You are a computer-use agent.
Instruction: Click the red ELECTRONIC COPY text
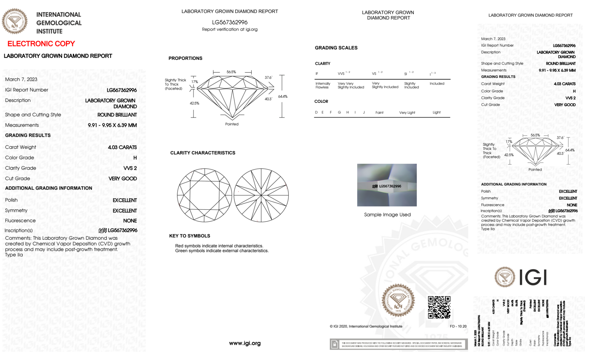pos(41,44)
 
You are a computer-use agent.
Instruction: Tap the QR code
pos(439,307)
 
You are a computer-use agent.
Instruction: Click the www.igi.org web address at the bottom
pos(245,343)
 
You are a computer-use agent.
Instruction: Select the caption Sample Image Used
pos(387,215)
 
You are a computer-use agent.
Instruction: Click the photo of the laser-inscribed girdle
pos(387,185)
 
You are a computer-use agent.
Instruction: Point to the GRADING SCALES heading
pos(336,48)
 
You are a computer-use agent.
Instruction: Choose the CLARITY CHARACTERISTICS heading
pos(203,153)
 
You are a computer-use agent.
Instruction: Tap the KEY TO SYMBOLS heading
pos(190,236)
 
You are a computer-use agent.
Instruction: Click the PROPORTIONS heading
pos(186,58)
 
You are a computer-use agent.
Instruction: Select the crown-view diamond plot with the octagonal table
pos(204,195)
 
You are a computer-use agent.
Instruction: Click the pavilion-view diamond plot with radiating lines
pos(261,195)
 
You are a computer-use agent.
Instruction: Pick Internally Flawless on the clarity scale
pos(323,85)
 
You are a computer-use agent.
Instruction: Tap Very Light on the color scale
pos(407,113)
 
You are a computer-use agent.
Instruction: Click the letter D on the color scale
pos(316,112)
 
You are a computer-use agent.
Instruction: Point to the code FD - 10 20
pos(458,326)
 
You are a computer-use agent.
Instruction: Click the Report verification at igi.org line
pos(230,29)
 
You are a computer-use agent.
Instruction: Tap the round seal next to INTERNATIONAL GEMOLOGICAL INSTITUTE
pos(15,21)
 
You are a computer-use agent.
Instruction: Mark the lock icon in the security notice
pos(335,344)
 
